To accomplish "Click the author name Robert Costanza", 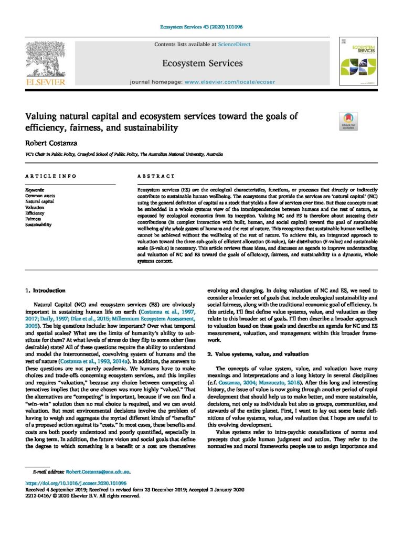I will [x=46, y=142].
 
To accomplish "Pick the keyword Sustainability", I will [x=39, y=224].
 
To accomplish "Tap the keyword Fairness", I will [x=34, y=219].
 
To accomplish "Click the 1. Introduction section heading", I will [x=46, y=290].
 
